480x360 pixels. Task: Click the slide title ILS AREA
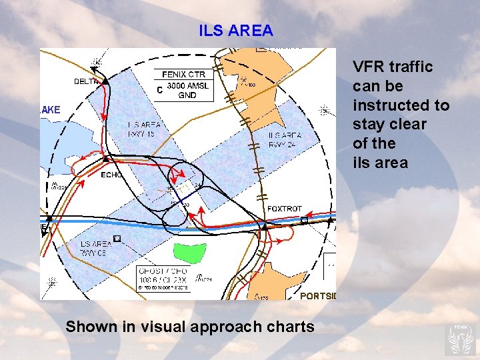[236, 31]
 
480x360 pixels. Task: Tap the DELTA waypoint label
[86, 81]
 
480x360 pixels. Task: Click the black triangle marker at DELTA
[105, 81]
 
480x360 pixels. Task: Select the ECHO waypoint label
[111, 175]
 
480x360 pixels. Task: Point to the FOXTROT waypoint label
[285, 209]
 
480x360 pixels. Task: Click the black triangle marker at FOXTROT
[264, 227]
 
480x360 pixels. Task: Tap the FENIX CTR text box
[184, 75]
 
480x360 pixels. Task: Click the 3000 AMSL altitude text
[187, 85]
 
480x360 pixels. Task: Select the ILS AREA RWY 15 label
[144, 128]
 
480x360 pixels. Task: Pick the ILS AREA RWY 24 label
[285, 139]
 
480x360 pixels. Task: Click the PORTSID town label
[319, 295]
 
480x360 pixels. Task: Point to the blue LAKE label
[50, 109]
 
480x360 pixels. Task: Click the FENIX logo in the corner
[461, 339]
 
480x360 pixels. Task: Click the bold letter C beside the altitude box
[159, 89]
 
